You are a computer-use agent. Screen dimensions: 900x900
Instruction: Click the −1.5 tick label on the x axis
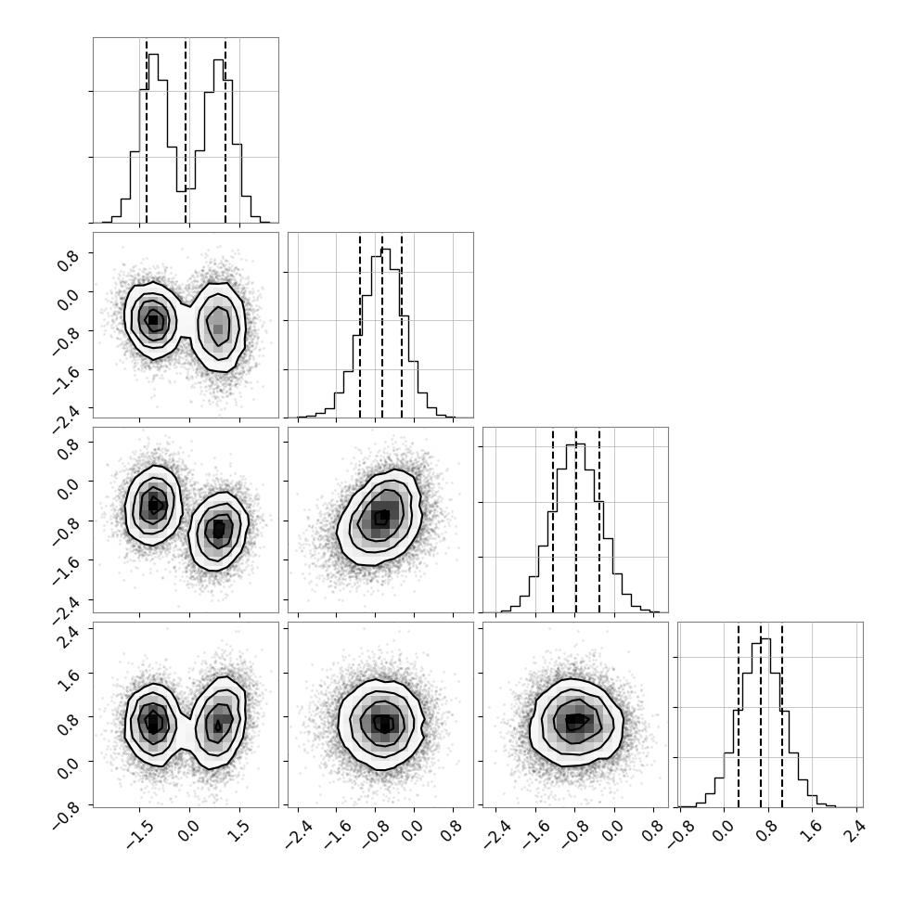point(137,830)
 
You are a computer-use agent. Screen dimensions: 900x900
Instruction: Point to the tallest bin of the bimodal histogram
point(153,138)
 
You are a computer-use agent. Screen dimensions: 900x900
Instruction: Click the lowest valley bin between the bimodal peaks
point(181,207)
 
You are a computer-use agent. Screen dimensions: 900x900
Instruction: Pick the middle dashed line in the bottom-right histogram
point(761,714)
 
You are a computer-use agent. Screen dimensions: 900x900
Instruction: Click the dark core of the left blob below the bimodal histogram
point(153,320)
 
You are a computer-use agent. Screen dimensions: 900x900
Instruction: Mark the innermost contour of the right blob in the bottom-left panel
point(218,726)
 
